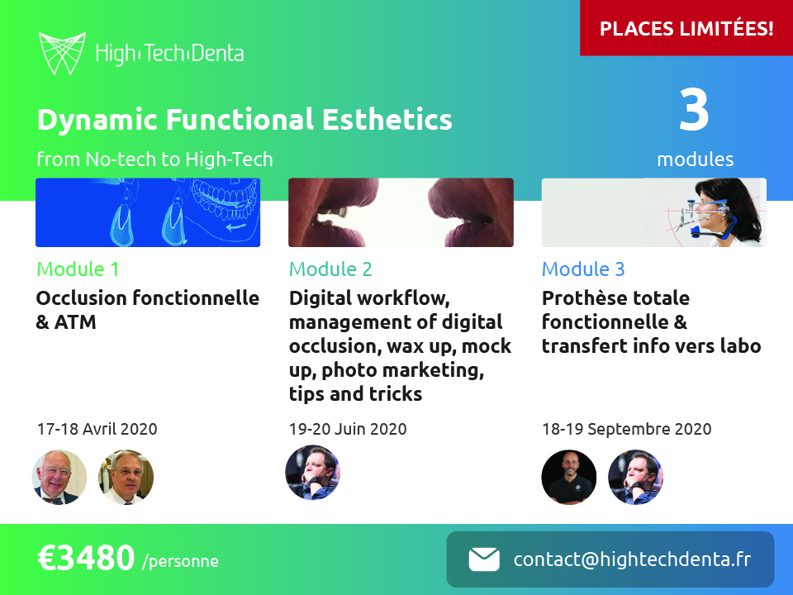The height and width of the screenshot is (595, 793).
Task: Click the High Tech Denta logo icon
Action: coord(62,53)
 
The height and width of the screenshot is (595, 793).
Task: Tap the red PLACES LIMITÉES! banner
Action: coord(686,28)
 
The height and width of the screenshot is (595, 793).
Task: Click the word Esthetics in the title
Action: coord(387,119)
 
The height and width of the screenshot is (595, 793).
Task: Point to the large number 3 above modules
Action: coord(694,109)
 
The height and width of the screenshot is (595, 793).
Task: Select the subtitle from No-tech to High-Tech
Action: coord(154,159)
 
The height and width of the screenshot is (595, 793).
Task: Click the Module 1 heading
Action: coord(78,269)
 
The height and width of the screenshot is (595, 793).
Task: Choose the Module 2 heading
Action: coord(330,269)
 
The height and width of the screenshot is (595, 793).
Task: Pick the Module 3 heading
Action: coord(583,269)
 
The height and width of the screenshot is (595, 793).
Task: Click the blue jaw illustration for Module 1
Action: coord(148,212)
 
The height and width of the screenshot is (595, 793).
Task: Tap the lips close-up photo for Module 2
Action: coord(401,212)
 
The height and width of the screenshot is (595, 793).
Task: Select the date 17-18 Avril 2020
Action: coord(97,429)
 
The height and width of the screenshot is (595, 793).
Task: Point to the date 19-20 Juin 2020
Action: coord(348,429)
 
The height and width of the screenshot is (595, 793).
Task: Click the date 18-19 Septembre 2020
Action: coord(627,429)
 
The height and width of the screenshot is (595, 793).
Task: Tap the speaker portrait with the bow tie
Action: coord(59,477)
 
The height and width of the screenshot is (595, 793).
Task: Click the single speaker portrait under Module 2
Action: coord(312,473)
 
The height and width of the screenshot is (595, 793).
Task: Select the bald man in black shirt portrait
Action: coord(569,477)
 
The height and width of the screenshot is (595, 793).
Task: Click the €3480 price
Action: coord(86,558)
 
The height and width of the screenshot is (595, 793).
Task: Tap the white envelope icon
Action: coord(484,559)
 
